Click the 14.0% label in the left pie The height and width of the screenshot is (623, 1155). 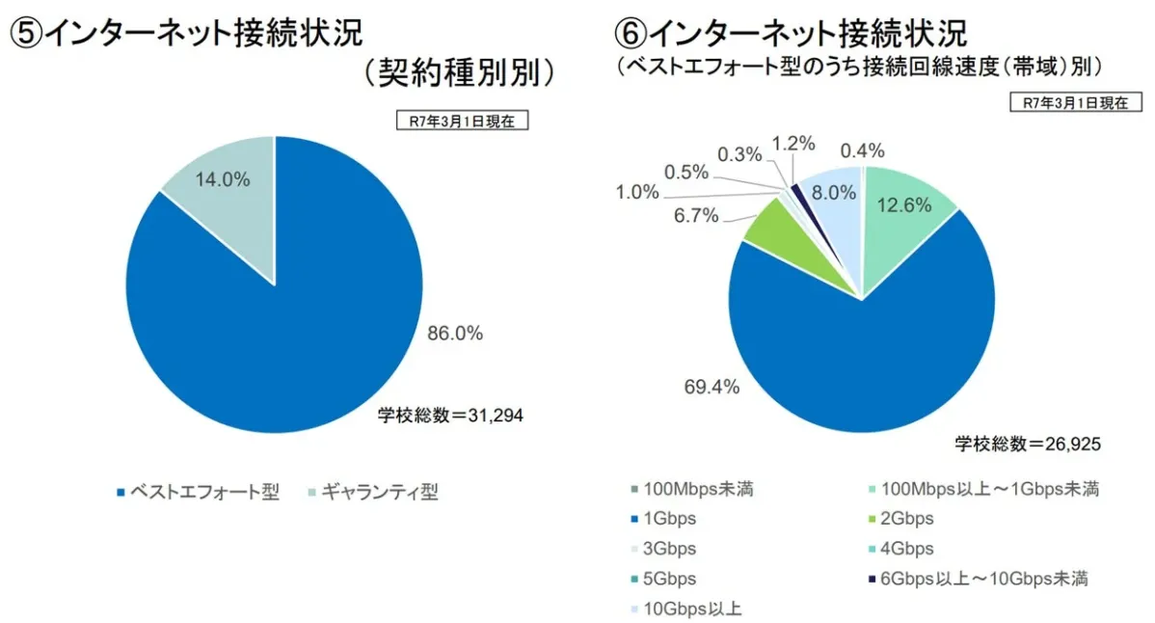223,179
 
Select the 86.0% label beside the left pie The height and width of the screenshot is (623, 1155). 454,334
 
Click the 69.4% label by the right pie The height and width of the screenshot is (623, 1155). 712,387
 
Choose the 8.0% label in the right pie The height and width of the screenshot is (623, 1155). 834,192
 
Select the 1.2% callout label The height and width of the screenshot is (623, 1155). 793,144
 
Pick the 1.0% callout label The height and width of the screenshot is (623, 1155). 637,192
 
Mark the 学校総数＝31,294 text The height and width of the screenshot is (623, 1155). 450,416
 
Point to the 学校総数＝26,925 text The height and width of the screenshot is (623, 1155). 1028,444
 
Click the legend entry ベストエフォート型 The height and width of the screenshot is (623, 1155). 197,493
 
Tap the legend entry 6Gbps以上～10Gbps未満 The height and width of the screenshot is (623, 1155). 979,579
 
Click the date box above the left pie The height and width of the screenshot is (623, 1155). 462,121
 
